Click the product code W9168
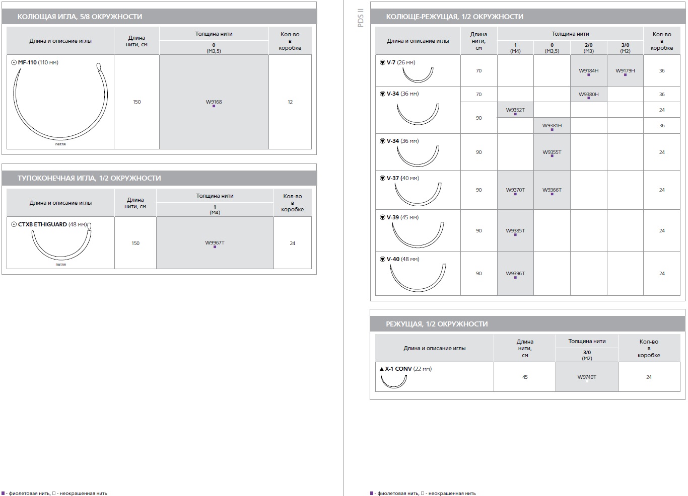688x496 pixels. (214, 102)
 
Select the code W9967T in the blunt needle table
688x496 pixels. (215, 242)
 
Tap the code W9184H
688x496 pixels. (588, 70)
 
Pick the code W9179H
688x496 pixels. (625, 70)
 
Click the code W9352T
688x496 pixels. (515, 110)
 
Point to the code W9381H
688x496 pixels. (552, 125)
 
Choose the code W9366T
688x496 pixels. (552, 190)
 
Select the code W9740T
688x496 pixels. (587, 377)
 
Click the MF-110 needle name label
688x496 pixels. (27, 62)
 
